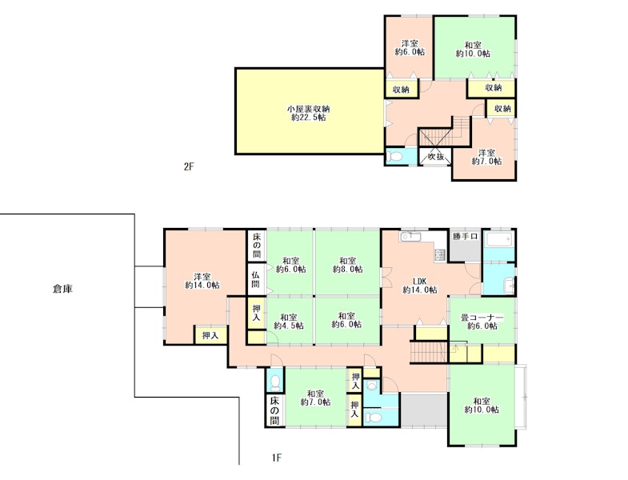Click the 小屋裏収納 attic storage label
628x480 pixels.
[308, 109]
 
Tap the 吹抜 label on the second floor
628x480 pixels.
[435, 157]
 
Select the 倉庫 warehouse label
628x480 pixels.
[63, 289]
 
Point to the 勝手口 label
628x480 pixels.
[465, 236]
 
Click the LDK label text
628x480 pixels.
[420, 281]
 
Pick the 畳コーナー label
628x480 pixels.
[482, 318]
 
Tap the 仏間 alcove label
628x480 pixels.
[255, 280]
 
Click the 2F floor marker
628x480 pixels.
[189, 166]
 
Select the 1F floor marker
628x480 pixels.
[276, 458]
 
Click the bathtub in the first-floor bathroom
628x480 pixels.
[498, 241]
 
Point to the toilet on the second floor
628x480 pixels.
[396, 157]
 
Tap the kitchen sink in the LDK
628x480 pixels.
[410, 237]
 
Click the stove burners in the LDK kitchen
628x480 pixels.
[440, 254]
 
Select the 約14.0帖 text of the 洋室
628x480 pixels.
[202, 286]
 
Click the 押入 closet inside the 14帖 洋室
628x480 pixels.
[210, 335]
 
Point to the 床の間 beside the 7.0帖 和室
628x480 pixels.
[274, 410]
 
